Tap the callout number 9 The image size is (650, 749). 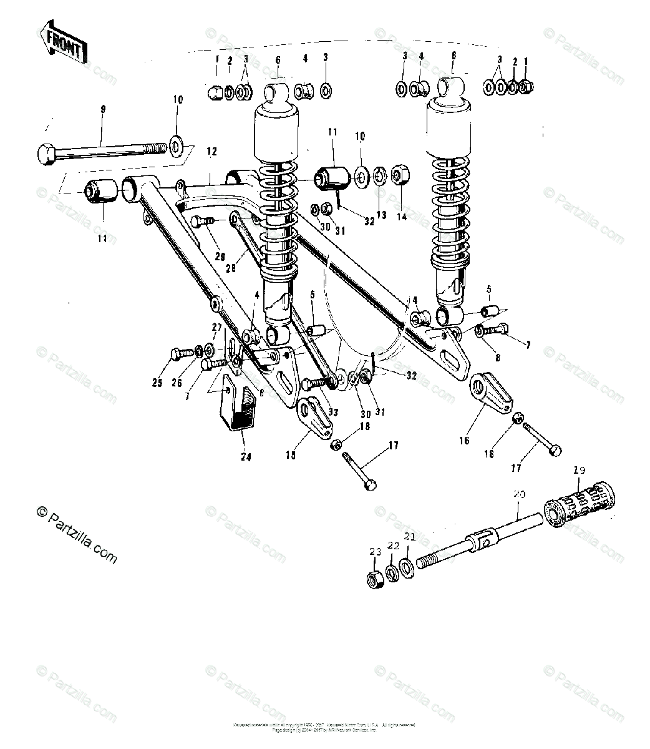point(103,109)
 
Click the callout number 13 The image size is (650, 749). point(381,215)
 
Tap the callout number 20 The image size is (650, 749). point(520,494)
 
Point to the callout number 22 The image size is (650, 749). point(393,546)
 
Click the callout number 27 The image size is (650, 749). point(216,327)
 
